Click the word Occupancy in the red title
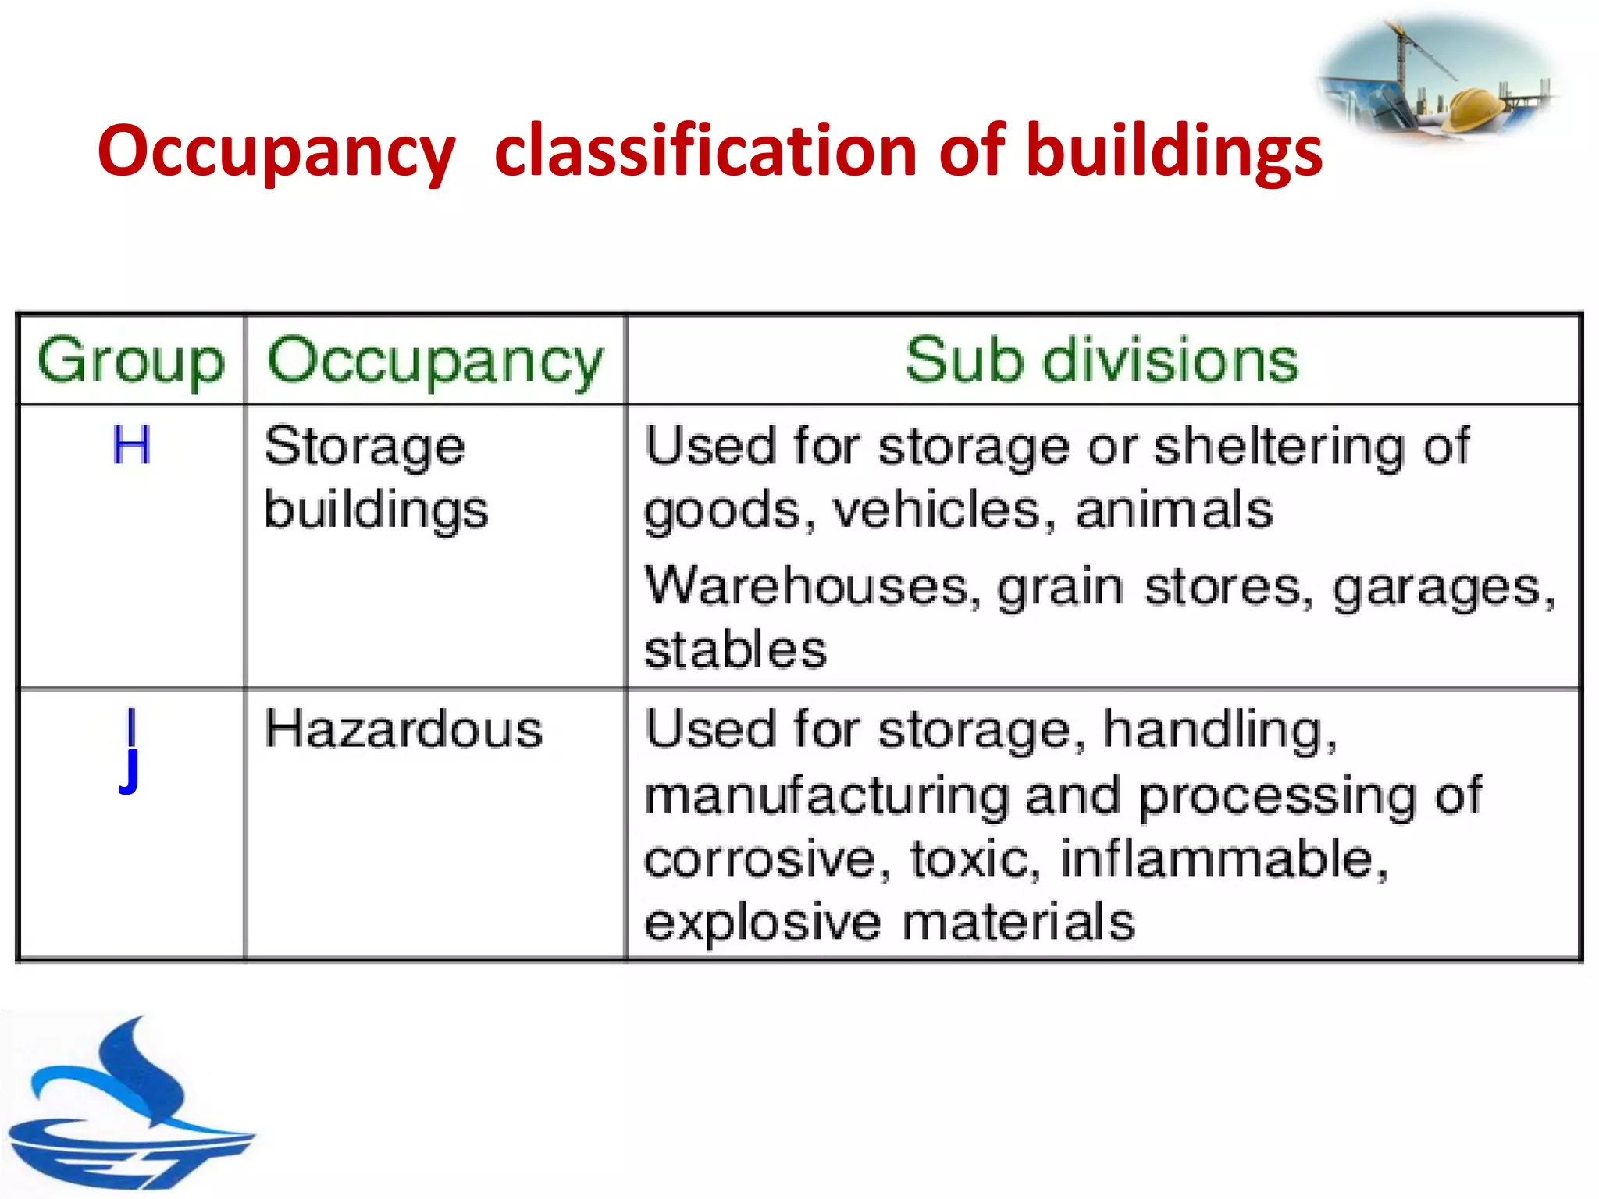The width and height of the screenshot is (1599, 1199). tap(276, 152)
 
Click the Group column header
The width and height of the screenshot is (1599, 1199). tap(131, 361)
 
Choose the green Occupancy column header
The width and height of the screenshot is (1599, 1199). tap(436, 361)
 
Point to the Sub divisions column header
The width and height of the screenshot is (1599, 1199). tap(1102, 361)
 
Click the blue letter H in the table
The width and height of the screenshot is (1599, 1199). tap(131, 446)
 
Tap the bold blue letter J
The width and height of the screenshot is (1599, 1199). tap(130, 770)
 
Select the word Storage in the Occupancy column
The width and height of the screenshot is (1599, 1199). tap(365, 447)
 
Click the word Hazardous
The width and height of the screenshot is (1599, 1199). tap(403, 730)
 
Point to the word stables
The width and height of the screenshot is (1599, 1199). tap(735, 649)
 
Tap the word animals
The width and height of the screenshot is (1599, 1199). tap(1173, 511)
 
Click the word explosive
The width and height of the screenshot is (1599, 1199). tap(762, 923)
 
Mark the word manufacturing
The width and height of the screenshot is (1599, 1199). tap(827, 796)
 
